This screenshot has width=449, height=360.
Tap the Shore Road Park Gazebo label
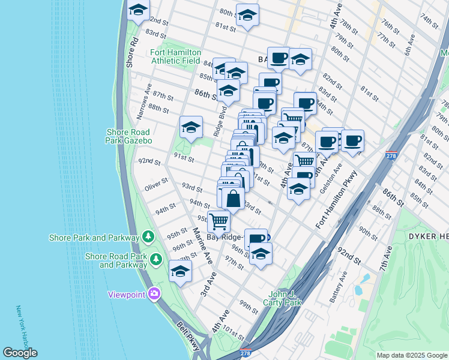[129, 136]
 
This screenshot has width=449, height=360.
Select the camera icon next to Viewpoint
[154, 294]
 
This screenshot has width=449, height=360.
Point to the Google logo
[20, 353]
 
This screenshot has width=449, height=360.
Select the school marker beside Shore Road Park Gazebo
[191, 127]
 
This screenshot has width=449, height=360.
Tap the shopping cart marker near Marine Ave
[218, 221]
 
